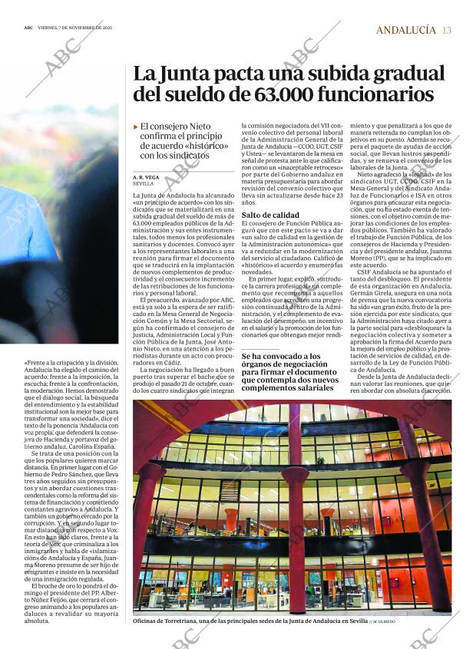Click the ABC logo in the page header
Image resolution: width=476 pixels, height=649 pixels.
(28, 29)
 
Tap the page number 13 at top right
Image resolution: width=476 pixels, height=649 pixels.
(447, 30)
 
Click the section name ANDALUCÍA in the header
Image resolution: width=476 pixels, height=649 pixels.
(405, 30)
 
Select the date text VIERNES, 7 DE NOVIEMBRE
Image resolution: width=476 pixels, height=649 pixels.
(72, 29)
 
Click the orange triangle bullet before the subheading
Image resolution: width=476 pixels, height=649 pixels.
(136, 126)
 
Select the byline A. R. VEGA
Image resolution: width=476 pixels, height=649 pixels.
(147, 177)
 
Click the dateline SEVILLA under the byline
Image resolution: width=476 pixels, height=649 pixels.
(143, 184)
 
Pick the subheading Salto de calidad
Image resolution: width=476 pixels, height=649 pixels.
(270, 216)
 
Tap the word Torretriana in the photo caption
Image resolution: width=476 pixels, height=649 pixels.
(189, 621)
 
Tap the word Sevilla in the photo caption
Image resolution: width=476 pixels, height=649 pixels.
(355, 621)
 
